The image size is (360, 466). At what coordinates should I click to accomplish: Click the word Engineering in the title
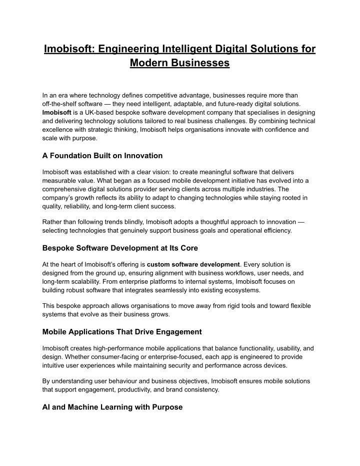pyautogui.click(x=127, y=49)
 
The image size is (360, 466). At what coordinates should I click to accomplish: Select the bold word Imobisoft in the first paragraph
pyautogui.click(x=56, y=112)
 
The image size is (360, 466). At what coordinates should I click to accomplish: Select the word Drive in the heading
pyautogui.click(x=149, y=331)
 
